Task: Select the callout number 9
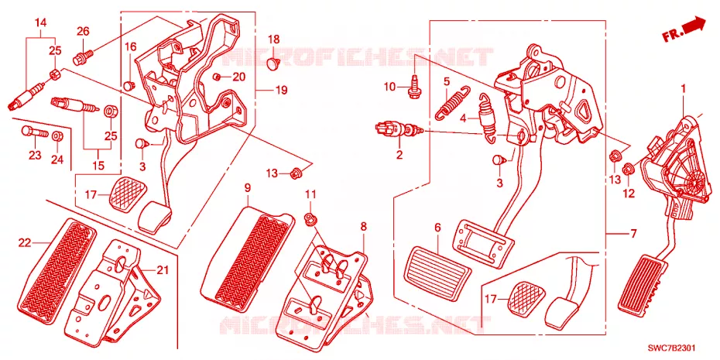(x=247, y=187)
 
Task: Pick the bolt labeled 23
(x=34, y=132)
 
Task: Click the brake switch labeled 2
(x=397, y=129)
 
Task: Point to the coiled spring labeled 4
(x=486, y=118)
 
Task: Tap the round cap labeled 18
(x=274, y=63)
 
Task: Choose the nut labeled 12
(x=628, y=170)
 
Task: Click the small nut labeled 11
(x=311, y=218)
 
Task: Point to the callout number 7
(x=633, y=234)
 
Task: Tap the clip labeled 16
(x=129, y=84)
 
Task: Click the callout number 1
(x=683, y=87)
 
